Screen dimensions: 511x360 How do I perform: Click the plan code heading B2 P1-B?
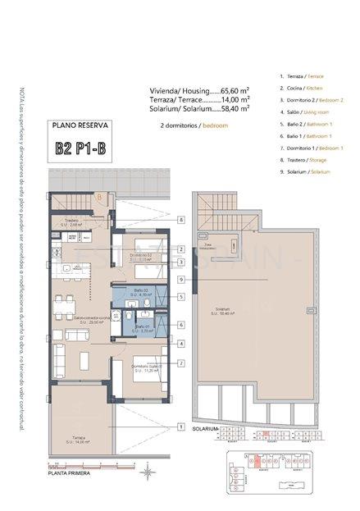click(80, 149)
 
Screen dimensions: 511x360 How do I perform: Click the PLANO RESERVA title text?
click(80, 127)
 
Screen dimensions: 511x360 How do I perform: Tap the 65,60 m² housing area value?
click(235, 91)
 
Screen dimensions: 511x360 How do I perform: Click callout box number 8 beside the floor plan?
click(180, 220)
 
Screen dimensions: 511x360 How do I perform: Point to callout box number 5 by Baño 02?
click(180, 297)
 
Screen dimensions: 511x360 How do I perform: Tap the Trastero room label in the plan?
click(70, 221)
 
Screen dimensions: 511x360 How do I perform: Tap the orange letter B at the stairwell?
click(99, 197)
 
